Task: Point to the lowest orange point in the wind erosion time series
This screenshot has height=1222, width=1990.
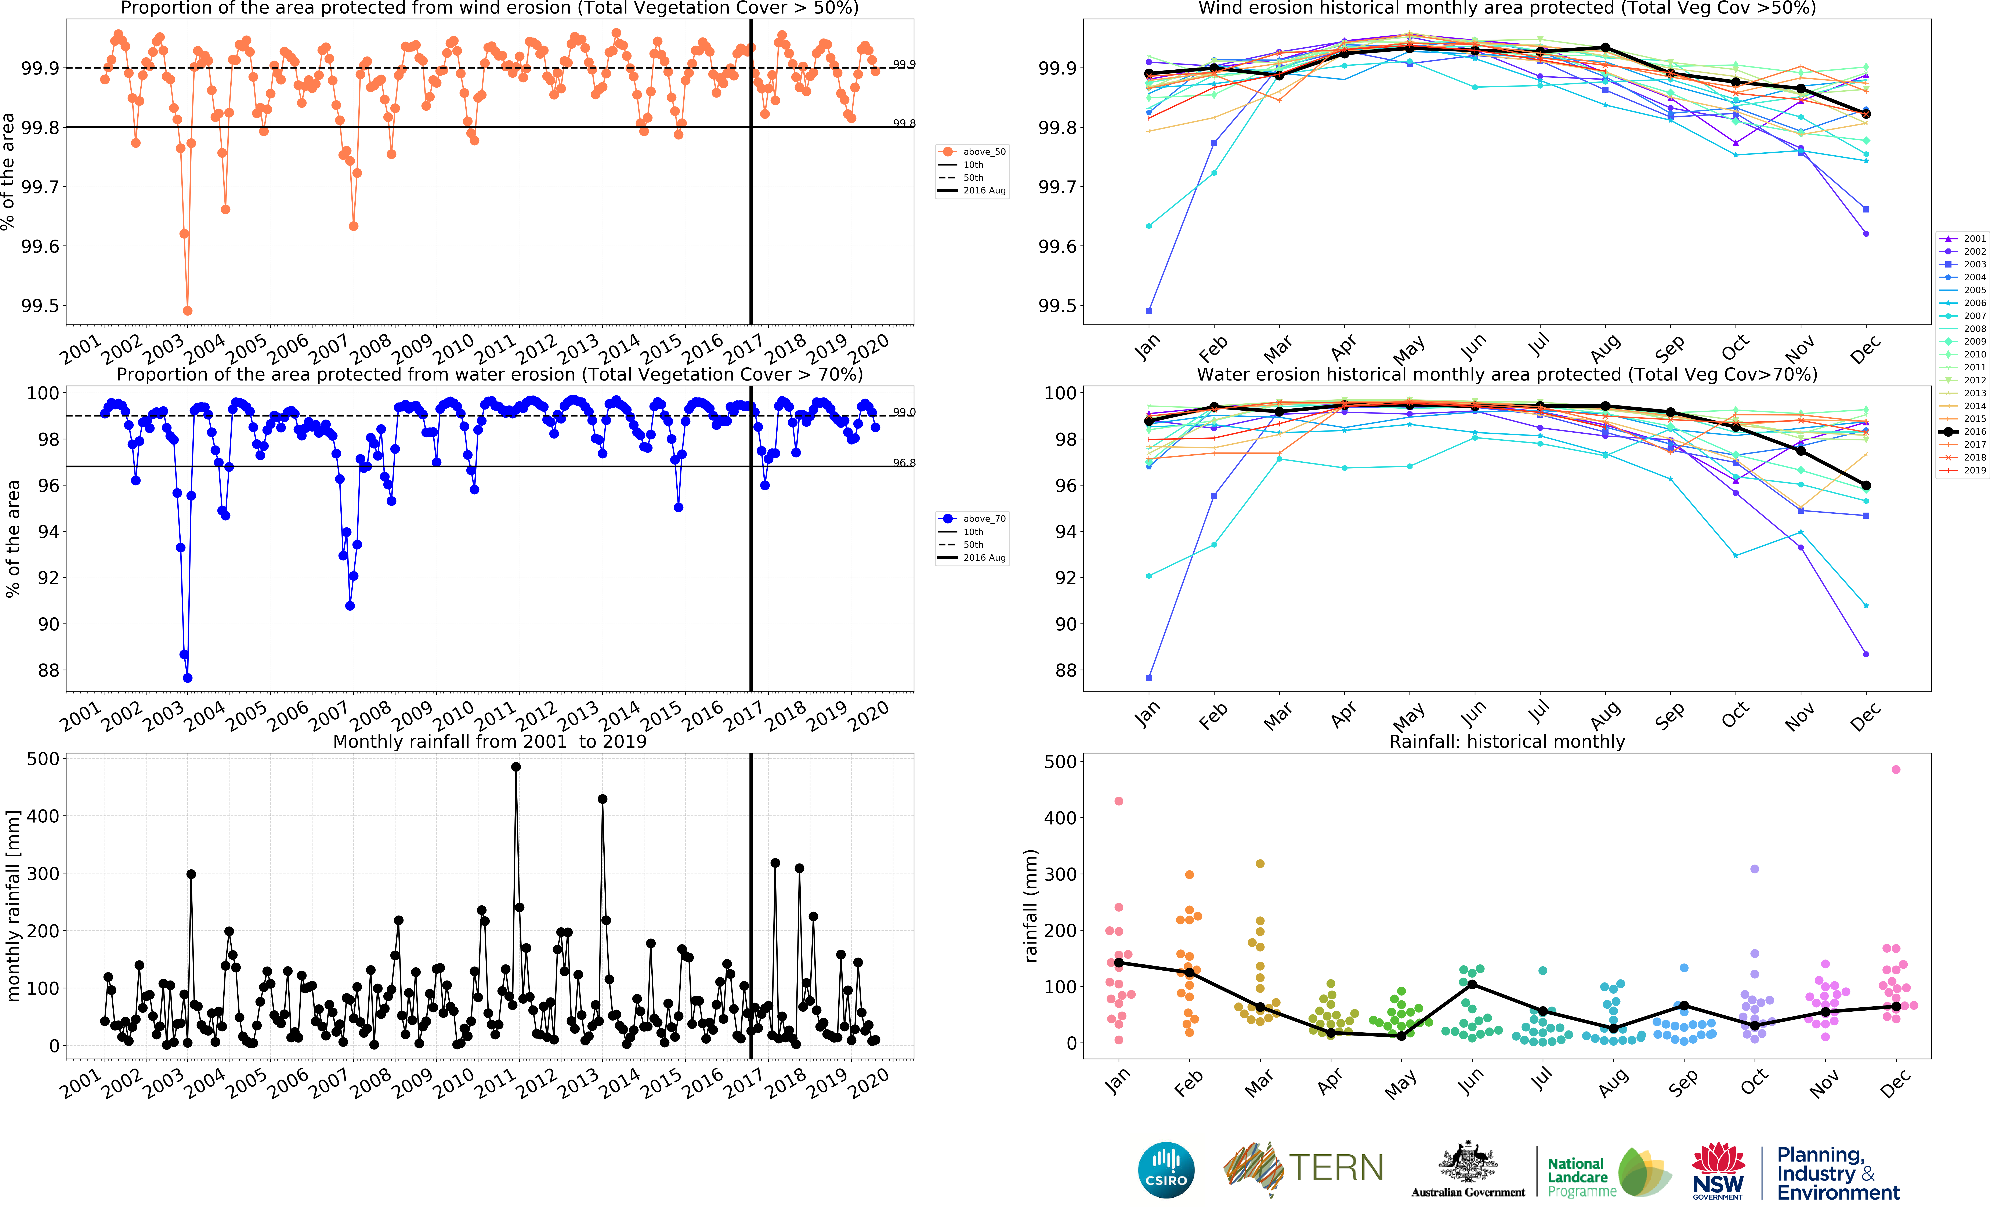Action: [x=188, y=310]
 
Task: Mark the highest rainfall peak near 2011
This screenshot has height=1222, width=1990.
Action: [x=516, y=767]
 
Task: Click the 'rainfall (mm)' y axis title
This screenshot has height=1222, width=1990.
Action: [x=1031, y=905]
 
